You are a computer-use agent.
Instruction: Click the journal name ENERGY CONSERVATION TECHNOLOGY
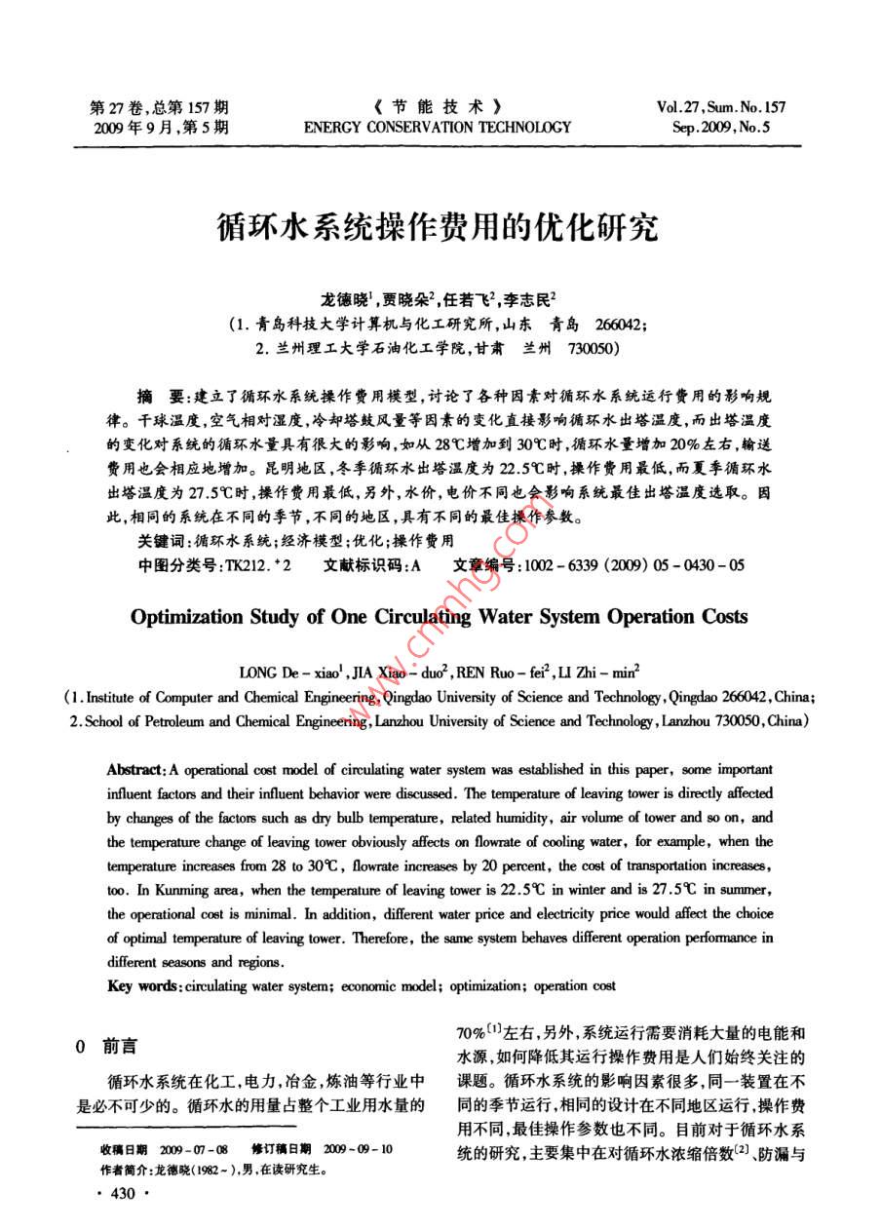[438, 127]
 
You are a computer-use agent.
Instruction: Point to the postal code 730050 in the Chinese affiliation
[586, 347]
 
